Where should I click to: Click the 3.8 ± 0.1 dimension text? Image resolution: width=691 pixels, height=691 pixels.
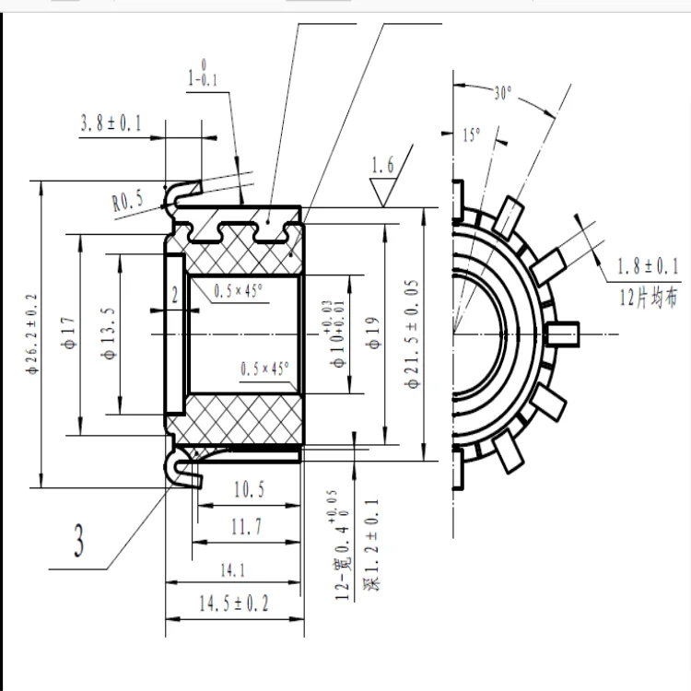pos(110,123)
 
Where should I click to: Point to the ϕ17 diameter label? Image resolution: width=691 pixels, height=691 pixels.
pos(67,332)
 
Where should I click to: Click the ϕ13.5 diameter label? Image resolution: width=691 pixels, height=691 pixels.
pos(110,332)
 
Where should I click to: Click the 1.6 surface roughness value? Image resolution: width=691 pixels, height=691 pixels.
pos(381,166)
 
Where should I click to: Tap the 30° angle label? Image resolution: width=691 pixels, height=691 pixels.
pos(502,93)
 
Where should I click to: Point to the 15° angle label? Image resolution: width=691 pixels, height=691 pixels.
pos(471,135)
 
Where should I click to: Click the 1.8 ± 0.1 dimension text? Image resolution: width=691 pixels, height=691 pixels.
pos(647,266)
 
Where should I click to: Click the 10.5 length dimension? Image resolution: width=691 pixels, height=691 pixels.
pos(249,490)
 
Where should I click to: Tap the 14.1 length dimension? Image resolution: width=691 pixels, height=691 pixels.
pos(233,570)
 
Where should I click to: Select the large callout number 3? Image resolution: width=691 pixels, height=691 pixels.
pos(79,542)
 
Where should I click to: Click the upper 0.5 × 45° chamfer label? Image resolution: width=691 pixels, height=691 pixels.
pos(239,291)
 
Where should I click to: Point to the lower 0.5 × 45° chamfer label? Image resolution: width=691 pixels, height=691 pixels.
pos(264,369)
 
